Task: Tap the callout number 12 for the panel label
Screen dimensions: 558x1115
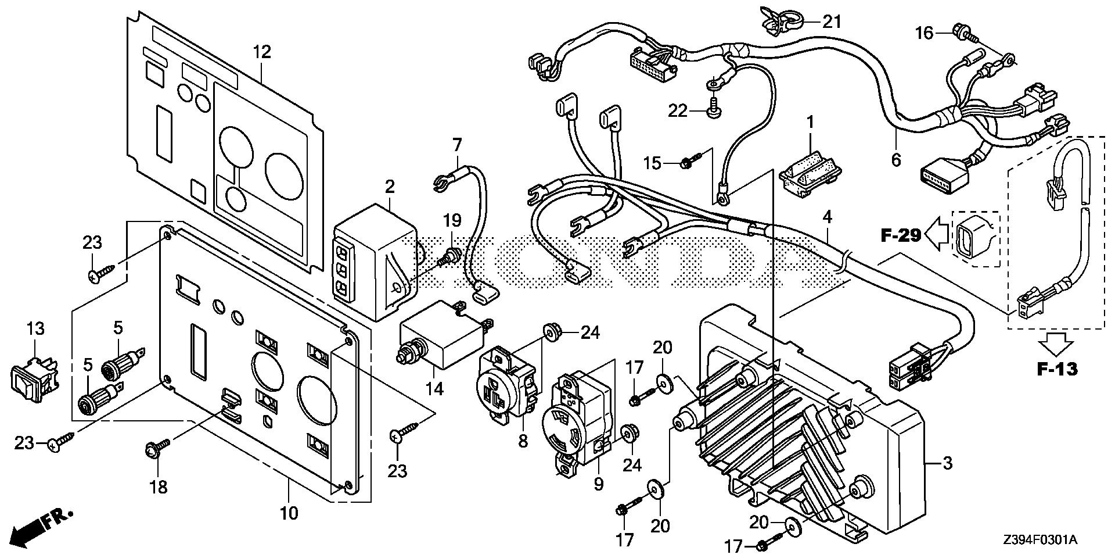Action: click(262, 52)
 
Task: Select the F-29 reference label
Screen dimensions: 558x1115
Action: click(901, 235)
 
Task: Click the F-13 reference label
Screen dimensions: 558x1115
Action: click(1058, 369)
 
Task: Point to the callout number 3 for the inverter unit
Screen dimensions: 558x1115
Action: click(947, 463)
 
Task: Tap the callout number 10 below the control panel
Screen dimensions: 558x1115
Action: click(289, 513)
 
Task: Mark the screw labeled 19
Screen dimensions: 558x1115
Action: click(450, 255)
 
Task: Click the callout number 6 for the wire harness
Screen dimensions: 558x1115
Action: click(896, 159)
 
